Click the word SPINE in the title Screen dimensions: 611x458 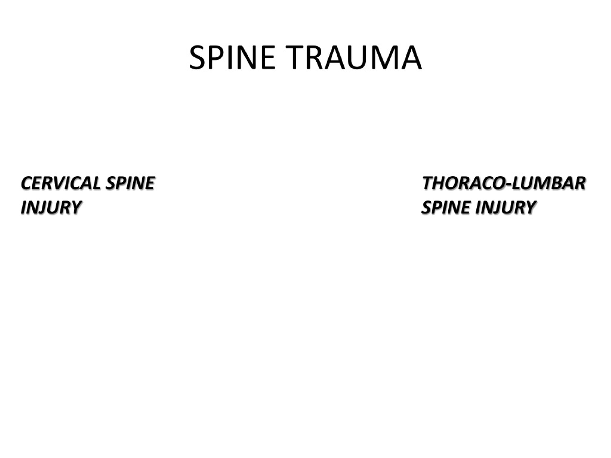(x=232, y=58)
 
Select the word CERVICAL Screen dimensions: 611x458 (x=61, y=183)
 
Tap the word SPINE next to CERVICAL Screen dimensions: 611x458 (x=130, y=183)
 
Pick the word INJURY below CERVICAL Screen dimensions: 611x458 (x=51, y=207)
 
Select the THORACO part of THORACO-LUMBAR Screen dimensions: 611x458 (x=464, y=183)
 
